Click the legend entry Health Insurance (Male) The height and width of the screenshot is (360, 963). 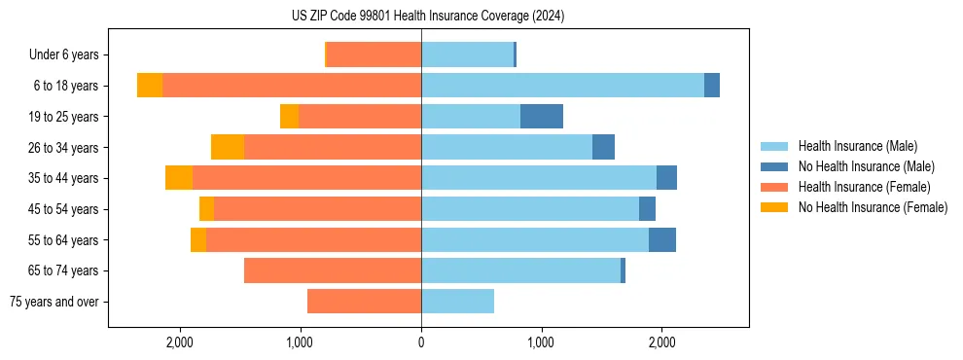[857, 146]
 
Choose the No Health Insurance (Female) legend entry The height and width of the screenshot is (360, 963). [873, 207]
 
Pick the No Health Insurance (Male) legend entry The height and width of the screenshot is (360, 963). [866, 166]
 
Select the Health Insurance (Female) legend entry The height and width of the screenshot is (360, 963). [864, 187]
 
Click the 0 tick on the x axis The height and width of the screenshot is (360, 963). [421, 342]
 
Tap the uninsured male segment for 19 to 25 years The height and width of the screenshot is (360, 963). [542, 117]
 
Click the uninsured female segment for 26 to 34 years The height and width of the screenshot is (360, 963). [228, 147]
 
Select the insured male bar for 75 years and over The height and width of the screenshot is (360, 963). [457, 302]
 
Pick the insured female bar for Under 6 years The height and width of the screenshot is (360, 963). [374, 55]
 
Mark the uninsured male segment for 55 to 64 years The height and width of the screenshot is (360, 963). [662, 239]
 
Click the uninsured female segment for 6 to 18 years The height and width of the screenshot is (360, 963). [150, 86]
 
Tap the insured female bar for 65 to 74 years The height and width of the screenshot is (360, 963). [333, 270]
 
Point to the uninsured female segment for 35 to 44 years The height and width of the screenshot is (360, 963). [179, 178]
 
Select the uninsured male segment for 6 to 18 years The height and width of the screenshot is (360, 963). [712, 86]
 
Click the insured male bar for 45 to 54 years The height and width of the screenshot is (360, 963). [530, 209]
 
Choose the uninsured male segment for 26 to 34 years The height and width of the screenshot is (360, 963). [603, 147]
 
